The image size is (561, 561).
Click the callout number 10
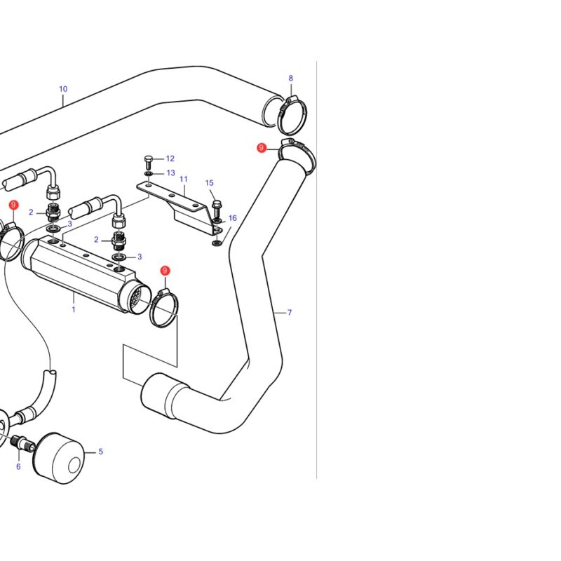coord(63,89)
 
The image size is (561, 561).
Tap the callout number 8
coord(290,78)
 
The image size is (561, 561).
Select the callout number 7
coord(290,312)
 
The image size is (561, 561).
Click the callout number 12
coord(170,158)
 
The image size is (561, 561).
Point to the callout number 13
coord(170,173)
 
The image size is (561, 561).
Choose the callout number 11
coord(184,179)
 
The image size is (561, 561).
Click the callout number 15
coord(209,183)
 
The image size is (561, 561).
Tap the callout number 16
coord(233,218)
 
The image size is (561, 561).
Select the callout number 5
coord(100,452)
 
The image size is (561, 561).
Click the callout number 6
coord(18,466)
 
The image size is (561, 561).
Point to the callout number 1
coord(74,309)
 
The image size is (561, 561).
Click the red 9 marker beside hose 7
coord(262,147)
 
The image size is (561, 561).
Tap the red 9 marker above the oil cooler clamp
coord(165,271)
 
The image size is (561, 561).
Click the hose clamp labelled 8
coord(292,114)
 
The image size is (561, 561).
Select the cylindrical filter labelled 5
coord(59,459)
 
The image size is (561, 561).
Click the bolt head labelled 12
coord(149,163)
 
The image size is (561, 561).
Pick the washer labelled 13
coord(149,174)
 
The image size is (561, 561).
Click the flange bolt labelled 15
coord(216,210)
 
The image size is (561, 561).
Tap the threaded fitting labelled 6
coord(22,442)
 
